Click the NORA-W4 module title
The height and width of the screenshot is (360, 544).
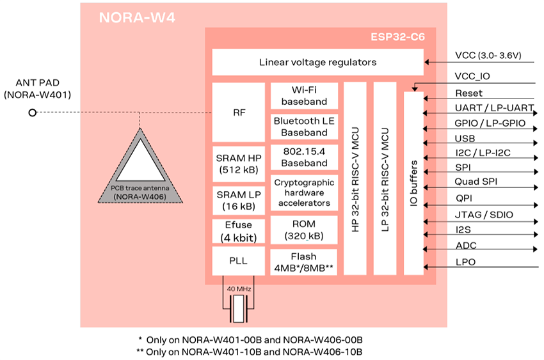(x=137, y=18)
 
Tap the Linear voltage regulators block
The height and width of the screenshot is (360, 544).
(x=317, y=62)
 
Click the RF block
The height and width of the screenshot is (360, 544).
(x=238, y=112)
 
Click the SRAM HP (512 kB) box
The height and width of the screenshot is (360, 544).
(x=238, y=164)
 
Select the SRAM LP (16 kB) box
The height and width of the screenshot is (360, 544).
(x=238, y=200)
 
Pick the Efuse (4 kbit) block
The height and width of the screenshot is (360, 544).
(x=238, y=231)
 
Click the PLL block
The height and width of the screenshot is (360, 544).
(x=238, y=261)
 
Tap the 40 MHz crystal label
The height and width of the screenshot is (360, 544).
(x=239, y=288)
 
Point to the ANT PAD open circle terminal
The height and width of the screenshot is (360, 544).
(x=32, y=113)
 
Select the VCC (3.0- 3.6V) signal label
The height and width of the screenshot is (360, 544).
(x=488, y=56)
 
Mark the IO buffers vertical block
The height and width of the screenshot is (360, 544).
(x=414, y=182)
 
